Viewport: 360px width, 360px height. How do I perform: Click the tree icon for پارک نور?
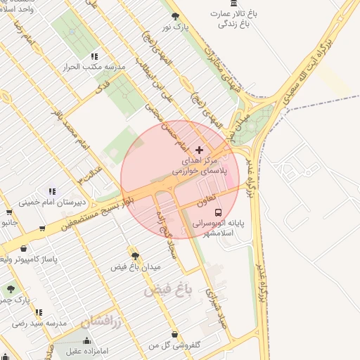(175, 16)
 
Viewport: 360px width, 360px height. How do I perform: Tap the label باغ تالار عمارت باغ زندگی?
(232, 19)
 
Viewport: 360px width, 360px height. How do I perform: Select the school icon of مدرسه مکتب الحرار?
(94, 56)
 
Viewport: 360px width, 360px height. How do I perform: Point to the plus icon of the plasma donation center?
(199, 150)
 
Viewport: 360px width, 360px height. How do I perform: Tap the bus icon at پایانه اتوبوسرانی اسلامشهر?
(219, 211)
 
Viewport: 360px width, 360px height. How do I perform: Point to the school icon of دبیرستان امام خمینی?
(52, 191)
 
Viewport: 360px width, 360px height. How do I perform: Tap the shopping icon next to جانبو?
(8, 212)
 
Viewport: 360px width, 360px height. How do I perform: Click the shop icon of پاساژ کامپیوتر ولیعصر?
(24, 249)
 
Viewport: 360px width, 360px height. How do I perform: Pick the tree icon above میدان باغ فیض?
(135, 256)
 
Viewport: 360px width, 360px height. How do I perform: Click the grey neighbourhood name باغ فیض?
(169, 288)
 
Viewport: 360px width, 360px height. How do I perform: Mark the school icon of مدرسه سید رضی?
(39, 312)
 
